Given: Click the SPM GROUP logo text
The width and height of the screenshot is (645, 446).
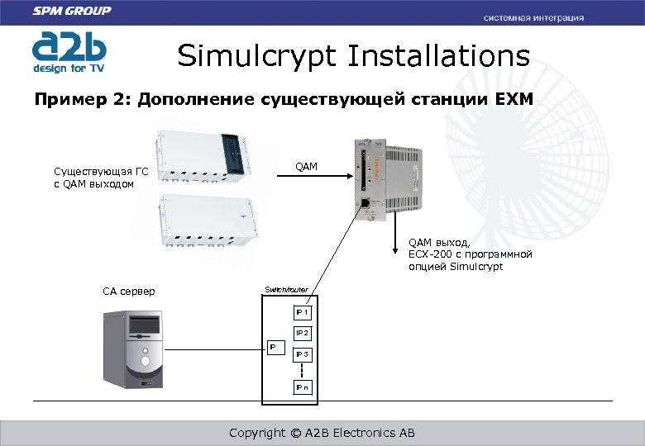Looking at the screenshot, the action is (x=73, y=12).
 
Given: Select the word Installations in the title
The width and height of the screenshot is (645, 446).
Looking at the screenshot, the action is (x=438, y=56).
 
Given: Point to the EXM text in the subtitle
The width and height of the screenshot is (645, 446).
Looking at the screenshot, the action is (x=514, y=101).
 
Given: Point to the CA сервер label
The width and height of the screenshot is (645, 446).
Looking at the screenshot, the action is (x=128, y=292).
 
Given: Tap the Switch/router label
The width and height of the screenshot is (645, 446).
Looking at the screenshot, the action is (x=286, y=290).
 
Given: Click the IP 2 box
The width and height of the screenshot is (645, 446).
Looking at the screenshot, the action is (x=303, y=333).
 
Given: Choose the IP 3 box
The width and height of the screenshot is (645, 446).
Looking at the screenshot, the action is (x=303, y=354).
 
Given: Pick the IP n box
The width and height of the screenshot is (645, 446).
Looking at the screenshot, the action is (x=303, y=387).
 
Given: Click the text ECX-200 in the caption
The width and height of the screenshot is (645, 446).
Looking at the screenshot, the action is (x=428, y=254).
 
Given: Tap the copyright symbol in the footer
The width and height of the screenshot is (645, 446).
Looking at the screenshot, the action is (x=295, y=433).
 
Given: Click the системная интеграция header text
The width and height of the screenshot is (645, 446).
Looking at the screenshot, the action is (x=533, y=17).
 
